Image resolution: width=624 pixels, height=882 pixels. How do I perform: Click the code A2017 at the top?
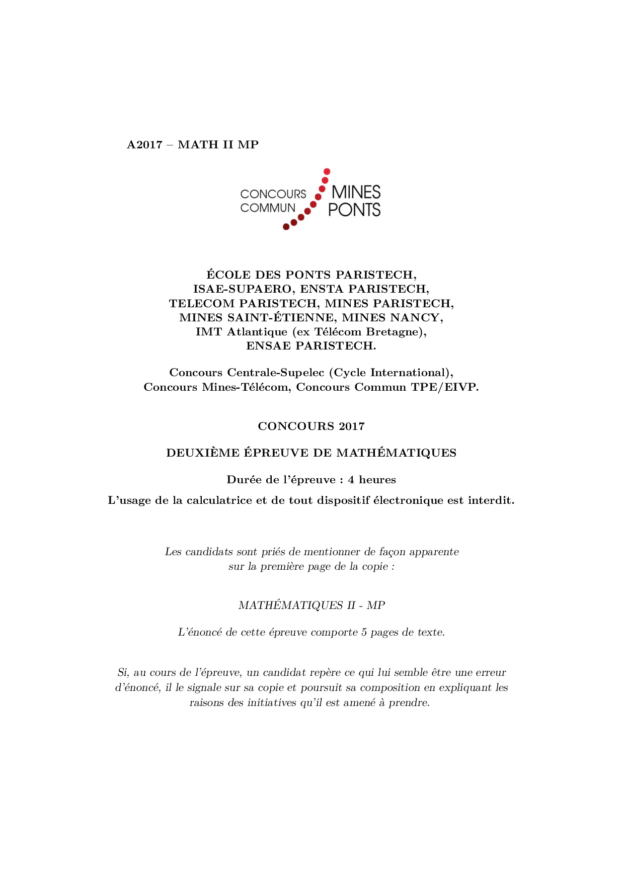click(144, 145)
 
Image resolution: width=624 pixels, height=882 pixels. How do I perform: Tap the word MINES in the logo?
click(356, 192)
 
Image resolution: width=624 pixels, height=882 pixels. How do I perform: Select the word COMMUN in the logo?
click(268, 208)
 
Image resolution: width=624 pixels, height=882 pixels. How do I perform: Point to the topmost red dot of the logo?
click(327, 171)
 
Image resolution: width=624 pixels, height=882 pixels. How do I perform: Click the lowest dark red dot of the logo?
click(286, 227)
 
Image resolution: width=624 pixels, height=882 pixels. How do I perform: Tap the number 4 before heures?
click(351, 480)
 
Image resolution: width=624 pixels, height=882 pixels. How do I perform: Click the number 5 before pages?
click(364, 633)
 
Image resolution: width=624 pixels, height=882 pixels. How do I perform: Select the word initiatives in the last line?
click(271, 703)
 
